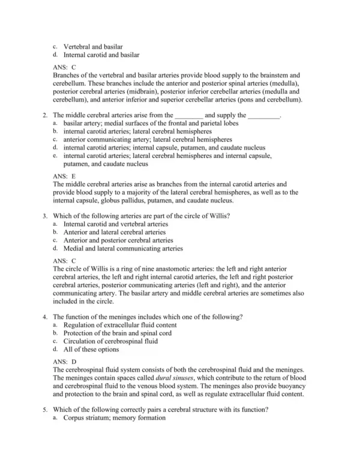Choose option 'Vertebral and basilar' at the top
pos(93,46)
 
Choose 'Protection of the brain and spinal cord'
pos(118,332)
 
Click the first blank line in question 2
pos(188,115)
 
